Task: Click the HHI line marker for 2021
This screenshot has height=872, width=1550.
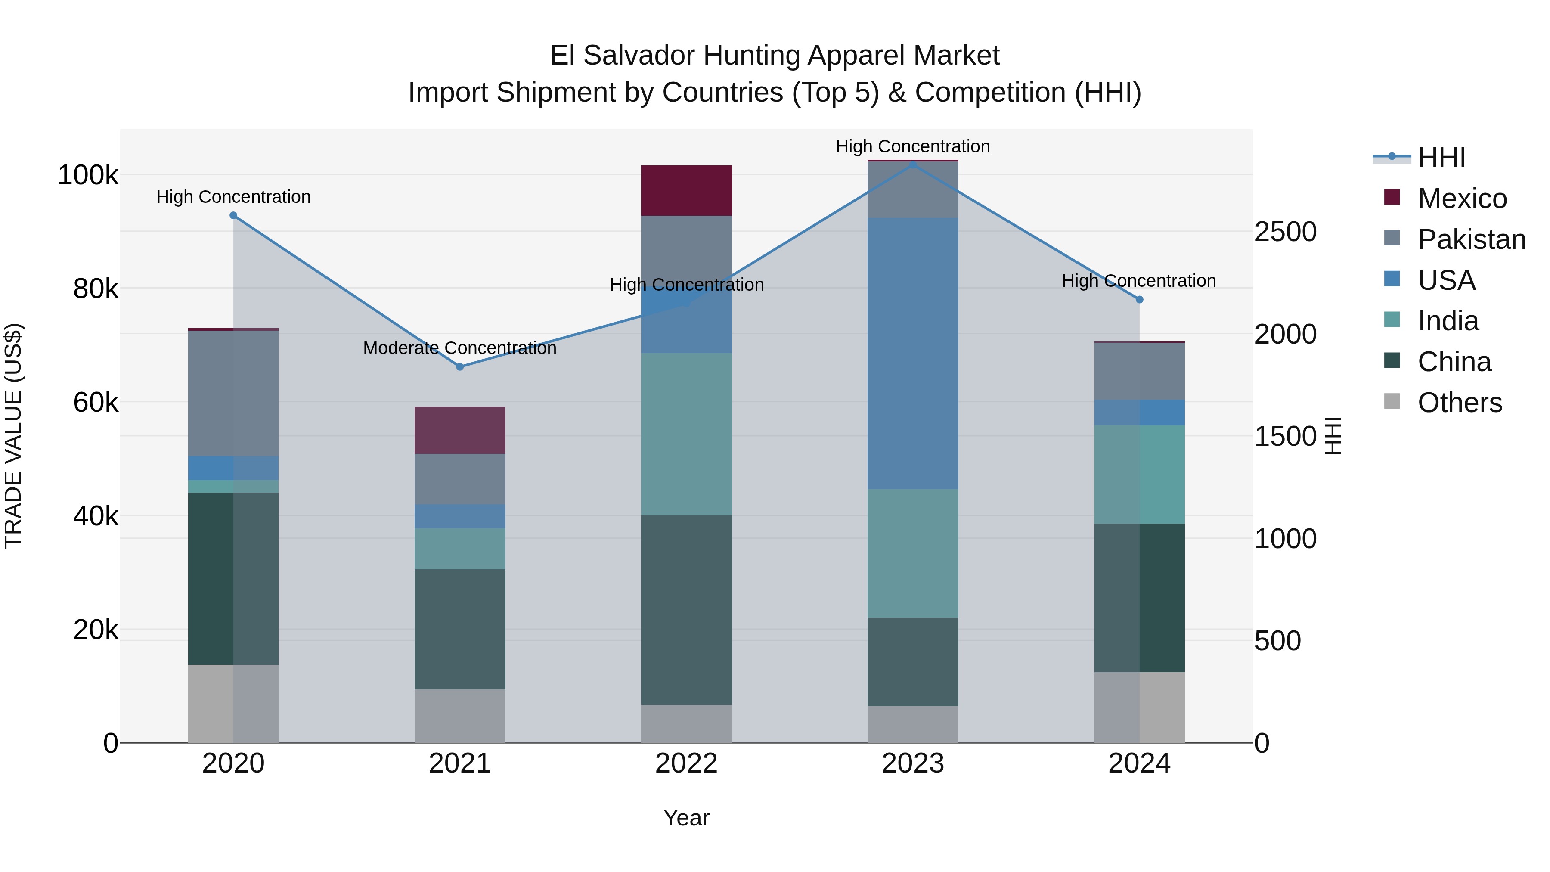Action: click(x=460, y=366)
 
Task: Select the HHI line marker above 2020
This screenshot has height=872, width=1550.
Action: click(x=233, y=215)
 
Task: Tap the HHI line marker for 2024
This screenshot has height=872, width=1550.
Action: click(x=1139, y=300)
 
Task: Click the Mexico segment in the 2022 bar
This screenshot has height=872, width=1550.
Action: click(x=686, y=190)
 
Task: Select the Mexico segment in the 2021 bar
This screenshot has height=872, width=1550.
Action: click(x=460, y=430)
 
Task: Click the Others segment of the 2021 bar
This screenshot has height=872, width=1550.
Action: click(x=460, y=716)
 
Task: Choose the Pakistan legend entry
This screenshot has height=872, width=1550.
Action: click(x=1471, y=239)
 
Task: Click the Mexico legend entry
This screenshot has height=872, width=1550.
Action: click(x=1462, y=199)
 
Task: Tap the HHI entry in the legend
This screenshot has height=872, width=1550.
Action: click(x=1441, y=158)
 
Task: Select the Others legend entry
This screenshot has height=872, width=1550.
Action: click(x=1459, y=403)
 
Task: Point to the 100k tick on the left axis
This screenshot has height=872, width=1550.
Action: click(x=88, y=175)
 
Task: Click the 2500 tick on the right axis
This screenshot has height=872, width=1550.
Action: click(x=1285, y=232)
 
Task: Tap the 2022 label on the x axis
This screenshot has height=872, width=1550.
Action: click(x=686, y=763)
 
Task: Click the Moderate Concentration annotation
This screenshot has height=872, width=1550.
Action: click(x=460, y=348)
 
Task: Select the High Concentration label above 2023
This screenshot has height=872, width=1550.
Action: click(x=912, y=146)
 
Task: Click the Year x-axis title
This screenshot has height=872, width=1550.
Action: click(x=686, y=818)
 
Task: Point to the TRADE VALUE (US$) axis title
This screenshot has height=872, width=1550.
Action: click(x=14, y=436)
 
